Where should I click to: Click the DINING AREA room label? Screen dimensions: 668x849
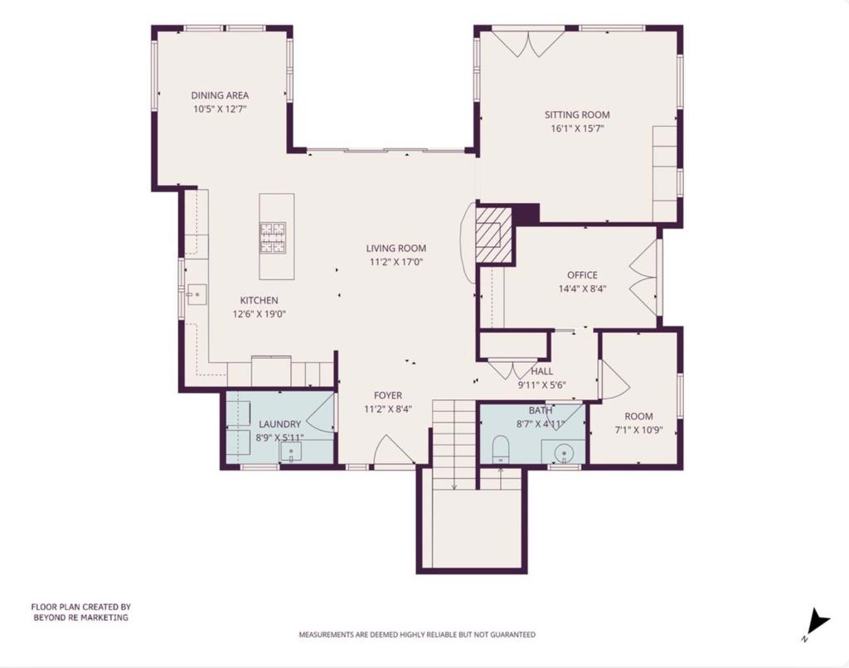220,95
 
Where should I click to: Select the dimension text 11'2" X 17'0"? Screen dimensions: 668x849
397,262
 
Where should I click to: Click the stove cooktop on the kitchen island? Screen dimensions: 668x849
274,238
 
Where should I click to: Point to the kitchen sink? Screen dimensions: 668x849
196,293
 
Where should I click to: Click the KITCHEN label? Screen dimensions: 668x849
259,300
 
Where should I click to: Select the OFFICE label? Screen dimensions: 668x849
582,275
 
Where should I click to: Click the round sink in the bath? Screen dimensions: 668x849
564,453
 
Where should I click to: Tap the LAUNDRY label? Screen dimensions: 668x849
279,424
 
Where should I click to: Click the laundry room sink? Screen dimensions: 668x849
292,453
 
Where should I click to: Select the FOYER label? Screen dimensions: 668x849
387,395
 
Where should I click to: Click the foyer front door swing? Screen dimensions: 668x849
395,453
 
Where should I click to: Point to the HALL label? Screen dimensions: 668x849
541,371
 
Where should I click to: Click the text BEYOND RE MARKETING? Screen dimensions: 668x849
80,617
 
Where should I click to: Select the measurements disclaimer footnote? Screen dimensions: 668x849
417,635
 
